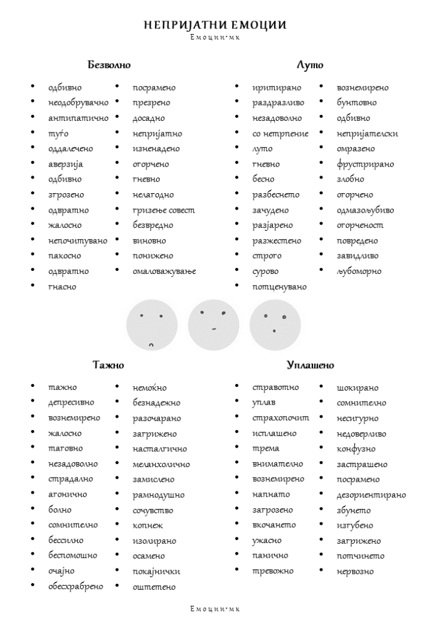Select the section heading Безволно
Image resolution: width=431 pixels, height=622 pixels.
click(x=109, y=64)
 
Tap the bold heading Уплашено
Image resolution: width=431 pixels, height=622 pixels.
click(x=310, y=365)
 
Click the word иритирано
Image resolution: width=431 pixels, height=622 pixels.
click(x=277, y=88)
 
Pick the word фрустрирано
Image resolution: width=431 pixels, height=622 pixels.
click(x=365, y=164)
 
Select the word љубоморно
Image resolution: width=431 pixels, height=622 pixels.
click(x=359, y=271)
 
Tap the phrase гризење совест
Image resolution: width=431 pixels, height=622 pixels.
click(x=164, y=210)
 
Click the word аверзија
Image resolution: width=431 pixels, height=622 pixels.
click(x=66, y=164)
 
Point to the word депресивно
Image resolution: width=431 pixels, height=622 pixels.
click(x=71, y=403)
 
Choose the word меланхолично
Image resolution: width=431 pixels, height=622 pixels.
click(x=161, y=464)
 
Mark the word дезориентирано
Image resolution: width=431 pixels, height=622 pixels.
click(x=371, y=494)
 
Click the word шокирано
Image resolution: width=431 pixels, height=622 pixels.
click(x=357, y=388)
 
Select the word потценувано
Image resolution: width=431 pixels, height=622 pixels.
click(x=280, y=286)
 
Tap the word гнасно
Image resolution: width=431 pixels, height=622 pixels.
click(x=63, y=286)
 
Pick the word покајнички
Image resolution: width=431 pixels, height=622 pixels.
click(x=156, y=571)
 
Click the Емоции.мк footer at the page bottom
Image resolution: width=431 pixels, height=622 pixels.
click(x=215, y=609)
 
